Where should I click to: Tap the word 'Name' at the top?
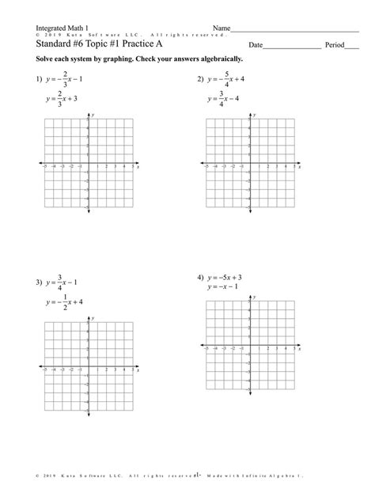click(x=221, y=28)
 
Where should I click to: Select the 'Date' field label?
click(x=256, y=45)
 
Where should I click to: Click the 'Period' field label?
click(x=335, y=45)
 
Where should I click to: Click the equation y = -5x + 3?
click(x=225, y=278)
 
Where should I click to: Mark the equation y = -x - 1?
click(x=223, y=287)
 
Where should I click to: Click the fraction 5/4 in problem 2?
click(x=226, y=80)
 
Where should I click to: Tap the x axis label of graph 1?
click(x=138, y=169)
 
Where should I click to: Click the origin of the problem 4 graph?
click(x=250, y=347)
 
